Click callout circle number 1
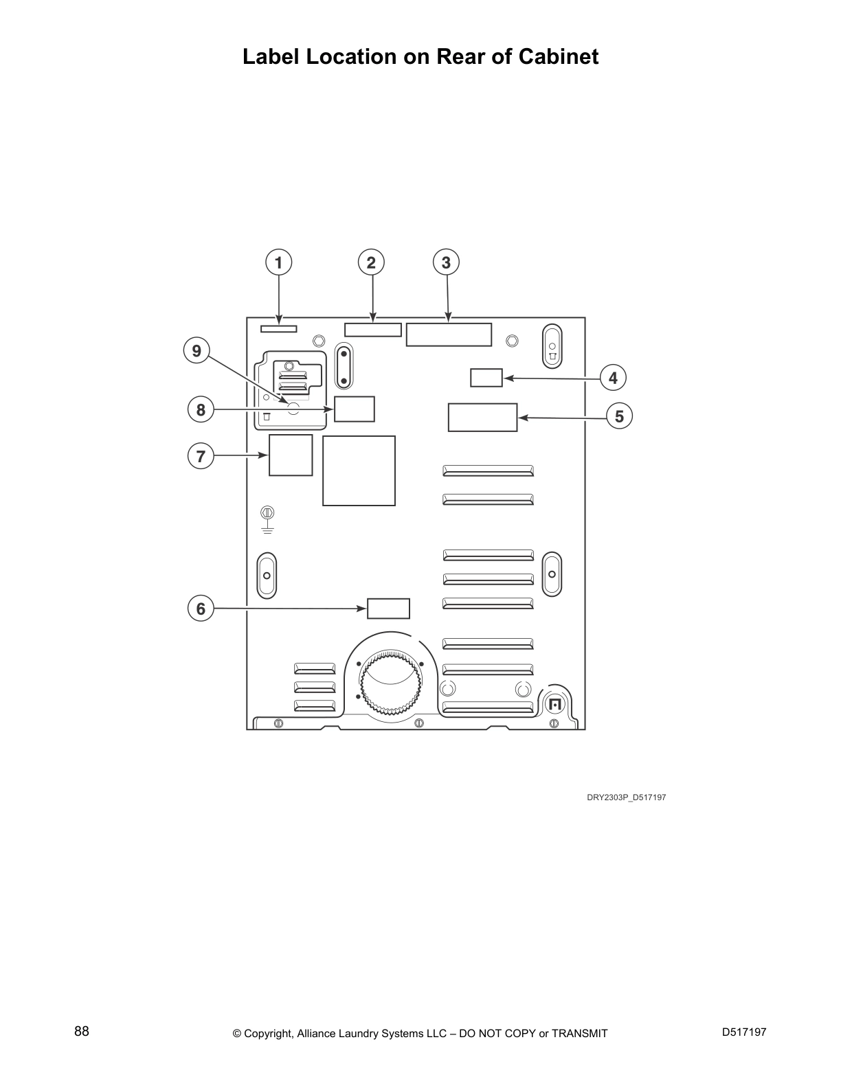click(x=278, y=262)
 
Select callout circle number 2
click(x=371, y=262)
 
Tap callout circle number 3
click(x=447, y=262)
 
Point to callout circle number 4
click(x=613, y=378)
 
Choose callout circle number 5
click(x=619, y=416)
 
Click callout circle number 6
click(x=201, y=609)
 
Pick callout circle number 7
click(x=201, y=456)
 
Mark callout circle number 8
click(x=201, y=410)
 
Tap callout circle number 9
click(x=197, y=351)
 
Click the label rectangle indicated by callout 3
click(x=449, y=335)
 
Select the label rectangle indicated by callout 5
click(x=482, y=418)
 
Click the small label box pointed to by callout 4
click(x=486, y=378)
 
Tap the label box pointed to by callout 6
click(x=388, y=609)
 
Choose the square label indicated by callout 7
click(x=290, y=455)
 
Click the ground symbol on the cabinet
click(x=268, y=520)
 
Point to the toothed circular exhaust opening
click(x=390, y=683)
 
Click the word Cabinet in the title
click(x=558, y=56)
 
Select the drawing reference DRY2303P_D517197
click(x=626, y=797)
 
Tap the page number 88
click(x=82, y=1031)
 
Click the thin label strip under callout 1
click(x=278, y=329)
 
